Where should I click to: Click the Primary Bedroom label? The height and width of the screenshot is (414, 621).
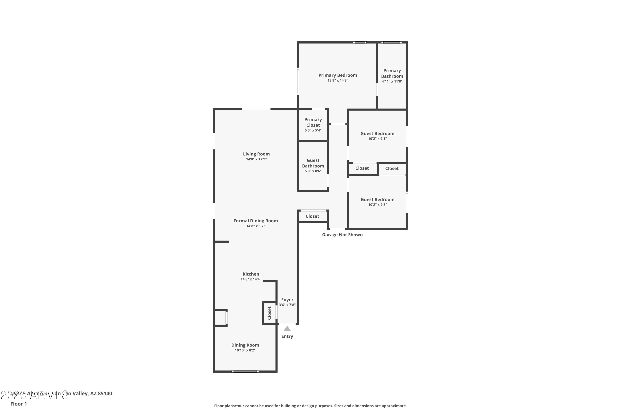pyautogui.click(x=337, y=75)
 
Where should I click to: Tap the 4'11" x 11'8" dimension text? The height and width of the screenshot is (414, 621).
pyautogui.click(x=392, y=81)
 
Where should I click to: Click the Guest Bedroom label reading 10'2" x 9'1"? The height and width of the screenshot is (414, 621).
pyautogui.click(x=377, y=134)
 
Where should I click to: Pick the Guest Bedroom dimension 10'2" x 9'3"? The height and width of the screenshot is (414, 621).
pyautogui.click(x=377, y=205)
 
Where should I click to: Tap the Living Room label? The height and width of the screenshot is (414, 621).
pyautogui.click(x=256, y=154)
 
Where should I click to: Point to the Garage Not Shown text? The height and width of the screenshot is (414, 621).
pyautogui.click(x=342, y=235)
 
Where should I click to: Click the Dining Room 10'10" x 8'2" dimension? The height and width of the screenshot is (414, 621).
pyautogui.click(x=245, y=350)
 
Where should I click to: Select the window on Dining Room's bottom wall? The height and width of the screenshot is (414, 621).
pyautogui.click(x=245, y=372)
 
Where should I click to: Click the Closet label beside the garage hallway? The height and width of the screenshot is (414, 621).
pyautogui.click(x=312, y=216)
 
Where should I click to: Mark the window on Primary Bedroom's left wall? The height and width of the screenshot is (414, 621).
pyautogui.click(x=298, y=81)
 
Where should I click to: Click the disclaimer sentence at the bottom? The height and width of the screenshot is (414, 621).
pyautogui.click(x=310, y=406)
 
